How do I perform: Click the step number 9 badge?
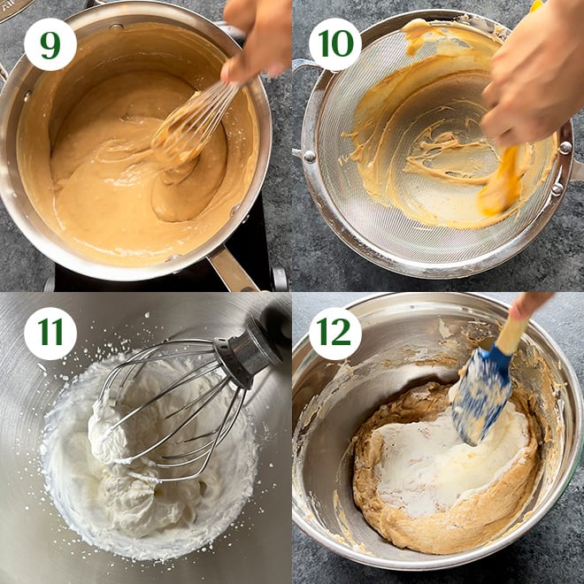point(50,44)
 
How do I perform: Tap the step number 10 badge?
point(335,44)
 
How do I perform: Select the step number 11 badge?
point(50,333)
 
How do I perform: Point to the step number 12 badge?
point(335,333)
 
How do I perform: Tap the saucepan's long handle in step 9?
point(233,269)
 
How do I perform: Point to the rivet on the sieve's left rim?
point(310,156)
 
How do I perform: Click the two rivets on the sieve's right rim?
point(561,168)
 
